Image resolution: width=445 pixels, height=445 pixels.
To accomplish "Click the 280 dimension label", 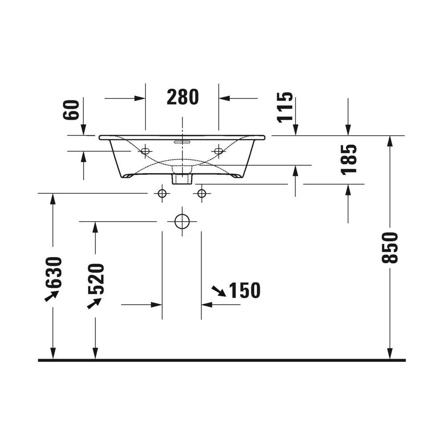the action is coord(183,97).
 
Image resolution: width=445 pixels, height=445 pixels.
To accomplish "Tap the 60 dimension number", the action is coord(71,110).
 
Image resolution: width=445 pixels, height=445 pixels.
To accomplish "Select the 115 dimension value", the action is coord(285,107).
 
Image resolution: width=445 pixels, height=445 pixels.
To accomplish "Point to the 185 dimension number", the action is coord(349,160).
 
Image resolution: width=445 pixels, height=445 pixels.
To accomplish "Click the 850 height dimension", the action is coord(390,248).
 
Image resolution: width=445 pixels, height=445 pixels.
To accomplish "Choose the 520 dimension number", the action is coord(96,279).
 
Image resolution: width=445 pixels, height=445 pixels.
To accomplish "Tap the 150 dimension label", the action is coord(245,290).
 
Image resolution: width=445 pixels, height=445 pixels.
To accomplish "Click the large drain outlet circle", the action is coord(182,222).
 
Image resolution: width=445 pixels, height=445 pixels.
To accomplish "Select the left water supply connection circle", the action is coord(162,194).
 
